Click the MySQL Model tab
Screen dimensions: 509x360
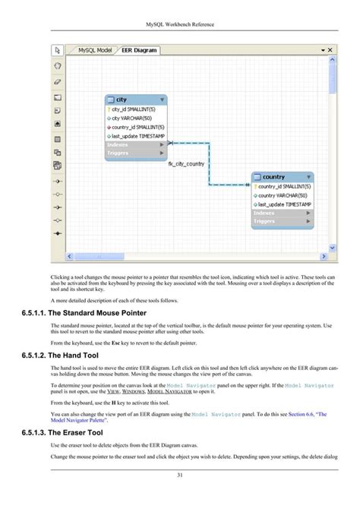click(x=95, y=50)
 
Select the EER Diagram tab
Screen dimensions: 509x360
click(x=139, y=50)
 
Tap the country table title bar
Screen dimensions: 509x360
click(x=282, y=177)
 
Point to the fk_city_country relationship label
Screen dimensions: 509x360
click(x=186, y=164)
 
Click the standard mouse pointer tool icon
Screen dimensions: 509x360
click(x=58, y=51)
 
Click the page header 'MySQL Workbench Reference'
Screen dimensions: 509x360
click(x=180, y=24)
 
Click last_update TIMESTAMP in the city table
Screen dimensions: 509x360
click(x=138, y=136)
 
